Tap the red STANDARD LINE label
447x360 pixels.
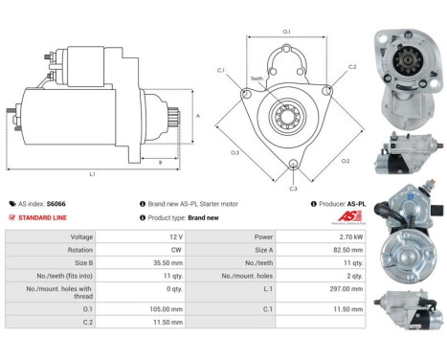[42, 217]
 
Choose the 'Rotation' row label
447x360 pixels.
[80, 249]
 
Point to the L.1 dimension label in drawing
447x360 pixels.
[92, 173]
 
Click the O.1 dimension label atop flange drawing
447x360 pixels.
[286, 33]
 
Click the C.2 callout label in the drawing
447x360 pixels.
[351, 67]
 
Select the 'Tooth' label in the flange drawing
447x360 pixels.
[256, 79]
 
